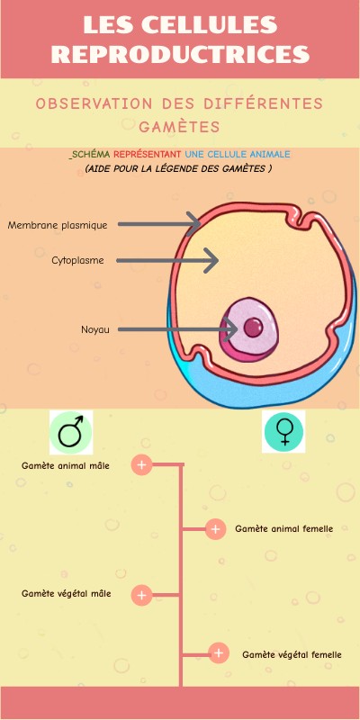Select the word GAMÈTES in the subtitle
point(179,126)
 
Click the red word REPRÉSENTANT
point(148,155)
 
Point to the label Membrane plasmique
point(58,225)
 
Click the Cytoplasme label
point(77,261)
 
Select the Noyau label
point(95,329)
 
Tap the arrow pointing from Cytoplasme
point(170,261)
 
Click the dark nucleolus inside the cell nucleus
point(255,326)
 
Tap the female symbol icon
point(283,432)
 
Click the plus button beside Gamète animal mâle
point(141,464)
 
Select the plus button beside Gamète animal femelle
point(215,529)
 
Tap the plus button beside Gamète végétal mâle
point(141,595)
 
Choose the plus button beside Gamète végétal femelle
point(219,653)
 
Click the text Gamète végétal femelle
point(292,654)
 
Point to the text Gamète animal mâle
point(66,465)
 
